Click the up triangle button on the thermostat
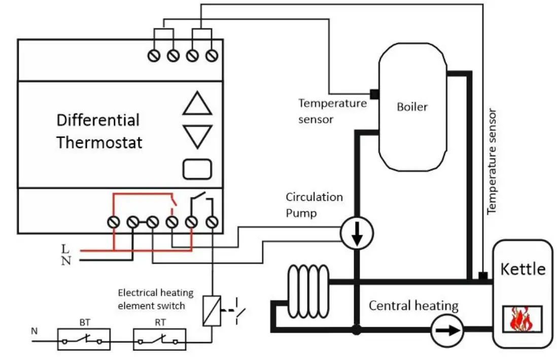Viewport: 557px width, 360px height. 197,104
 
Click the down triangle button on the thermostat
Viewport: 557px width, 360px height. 197,136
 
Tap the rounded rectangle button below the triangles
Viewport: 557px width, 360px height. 197,169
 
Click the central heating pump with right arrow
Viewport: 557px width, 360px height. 447,331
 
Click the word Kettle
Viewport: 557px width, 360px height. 523,269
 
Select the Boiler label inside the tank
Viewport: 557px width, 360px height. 412,107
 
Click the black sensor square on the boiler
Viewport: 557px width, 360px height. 374,94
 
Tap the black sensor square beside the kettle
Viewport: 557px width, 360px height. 483,276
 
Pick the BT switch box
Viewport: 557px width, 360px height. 84,339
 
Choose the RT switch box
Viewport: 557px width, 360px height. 159,339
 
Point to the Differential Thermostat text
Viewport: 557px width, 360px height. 99,131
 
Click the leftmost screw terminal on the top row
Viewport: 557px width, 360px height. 154,55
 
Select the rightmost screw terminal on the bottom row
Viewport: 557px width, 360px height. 212,222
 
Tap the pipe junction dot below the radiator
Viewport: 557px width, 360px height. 357,330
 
